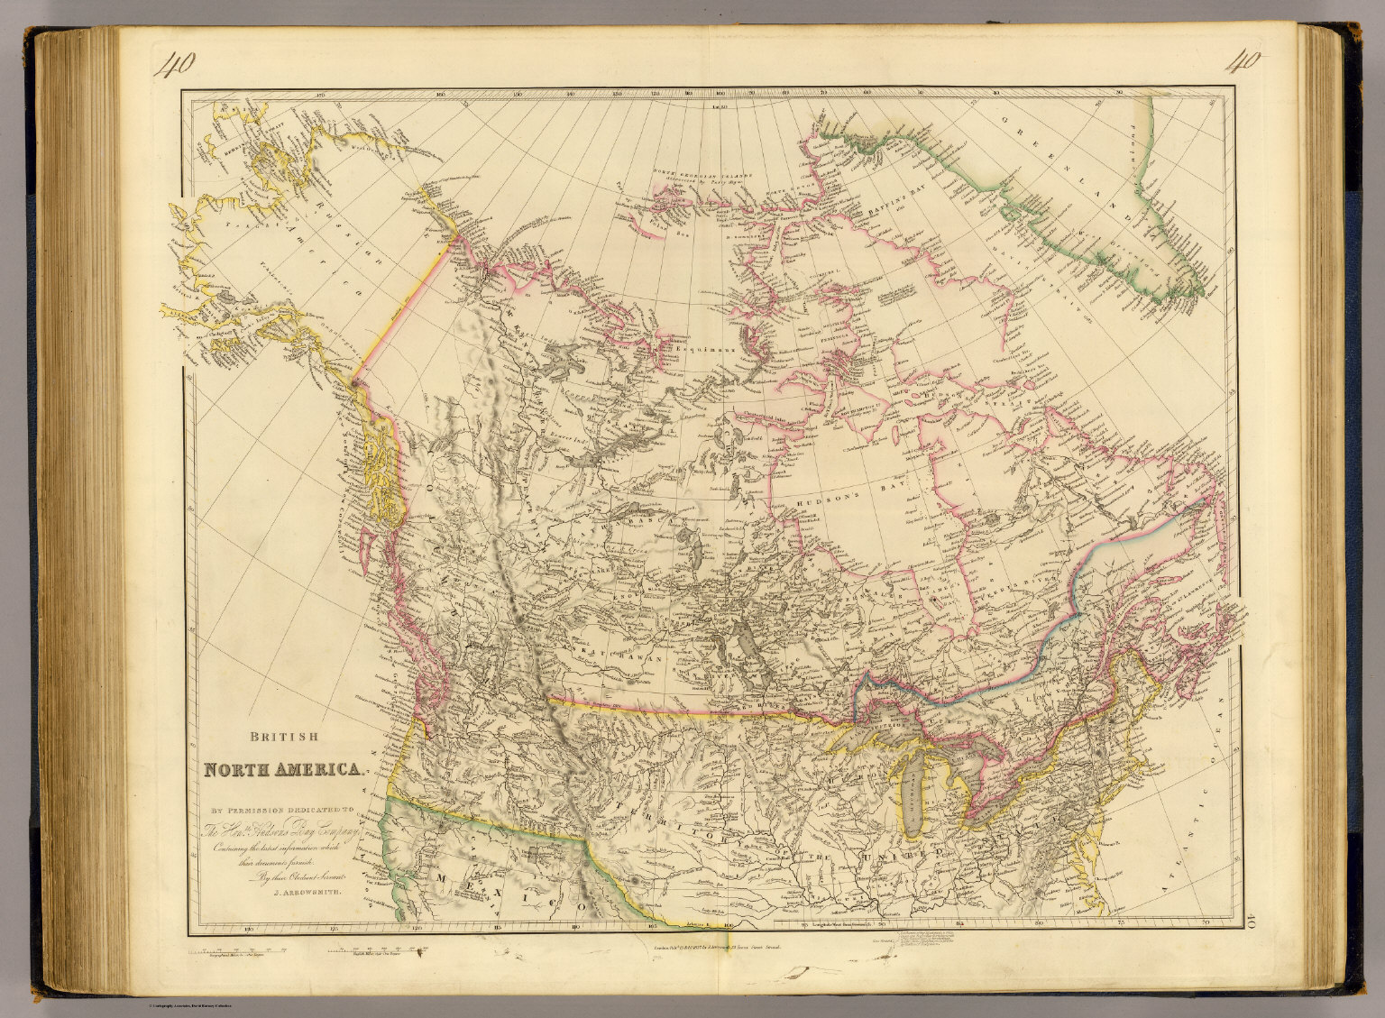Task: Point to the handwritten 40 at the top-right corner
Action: coord(1243,62)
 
